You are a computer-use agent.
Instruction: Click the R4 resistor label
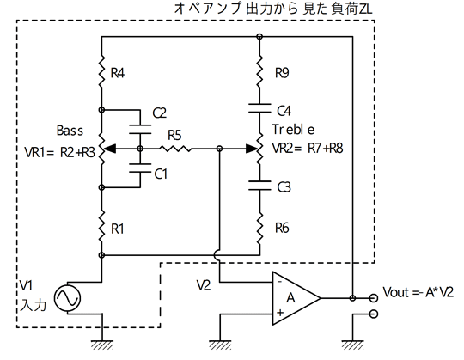click(118, 73)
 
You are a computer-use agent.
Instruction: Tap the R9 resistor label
click(282, 73)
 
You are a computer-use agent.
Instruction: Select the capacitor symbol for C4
click(259, 108)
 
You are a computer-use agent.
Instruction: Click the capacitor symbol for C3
click(259, 186)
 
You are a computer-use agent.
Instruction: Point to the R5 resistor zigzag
click(175, 149)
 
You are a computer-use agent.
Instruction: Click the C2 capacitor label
click(160, 113)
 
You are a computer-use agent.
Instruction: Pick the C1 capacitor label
click(161, 174)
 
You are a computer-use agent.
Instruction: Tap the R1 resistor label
click(117, 229)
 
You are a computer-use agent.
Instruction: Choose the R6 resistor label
click(282, 228)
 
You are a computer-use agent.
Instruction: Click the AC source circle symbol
click(68, 298)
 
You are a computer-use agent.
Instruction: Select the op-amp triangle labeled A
click(296, 298)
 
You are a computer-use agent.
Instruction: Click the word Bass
click(70, 131)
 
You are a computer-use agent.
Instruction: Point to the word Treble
click(293, 129)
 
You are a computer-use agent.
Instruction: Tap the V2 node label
click(204, 285)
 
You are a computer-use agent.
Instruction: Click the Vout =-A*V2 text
click(418, 292)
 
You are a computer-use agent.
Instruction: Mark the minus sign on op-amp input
click(279, 282)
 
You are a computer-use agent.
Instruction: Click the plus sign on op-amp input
click(280, 313)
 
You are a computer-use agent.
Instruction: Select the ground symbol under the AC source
click(101, 345)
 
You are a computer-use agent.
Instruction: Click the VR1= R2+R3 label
click(60, 153)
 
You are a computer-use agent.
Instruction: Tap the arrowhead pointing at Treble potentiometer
click(251, 149)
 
